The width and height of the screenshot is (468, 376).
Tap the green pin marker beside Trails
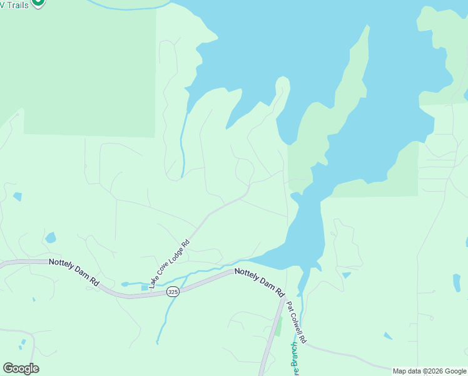click(38, 3)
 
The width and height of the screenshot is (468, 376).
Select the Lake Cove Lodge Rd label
click(170, 258)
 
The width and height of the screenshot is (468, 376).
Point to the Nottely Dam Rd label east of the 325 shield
click(260, 282)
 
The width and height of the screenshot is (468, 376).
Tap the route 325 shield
click(173, 292)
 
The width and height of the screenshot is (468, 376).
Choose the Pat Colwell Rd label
click(297, 322)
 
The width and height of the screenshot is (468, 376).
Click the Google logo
click(21, 368)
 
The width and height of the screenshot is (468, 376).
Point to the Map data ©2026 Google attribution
click(429, 371)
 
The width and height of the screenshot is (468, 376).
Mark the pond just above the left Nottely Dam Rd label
click(51, 238)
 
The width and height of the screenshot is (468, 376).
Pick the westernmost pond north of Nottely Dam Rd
click(17, 197)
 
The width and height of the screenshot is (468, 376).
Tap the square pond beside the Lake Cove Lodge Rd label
click(145, 287)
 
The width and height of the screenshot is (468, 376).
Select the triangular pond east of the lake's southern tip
click(346, 275)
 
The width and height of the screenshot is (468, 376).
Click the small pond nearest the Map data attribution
click(388, 336)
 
